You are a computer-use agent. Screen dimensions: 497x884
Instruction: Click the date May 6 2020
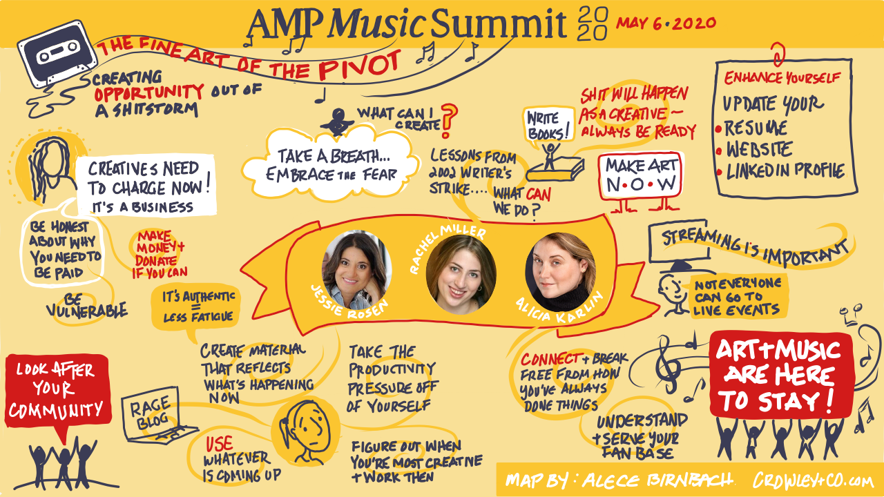pyautogui.click(x=666, y=23)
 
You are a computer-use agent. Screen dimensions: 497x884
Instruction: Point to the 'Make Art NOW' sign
pyautogui.click(x=642, y=174)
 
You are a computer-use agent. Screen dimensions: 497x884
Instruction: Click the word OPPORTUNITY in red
pyautogui.click(x=148, y=91)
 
